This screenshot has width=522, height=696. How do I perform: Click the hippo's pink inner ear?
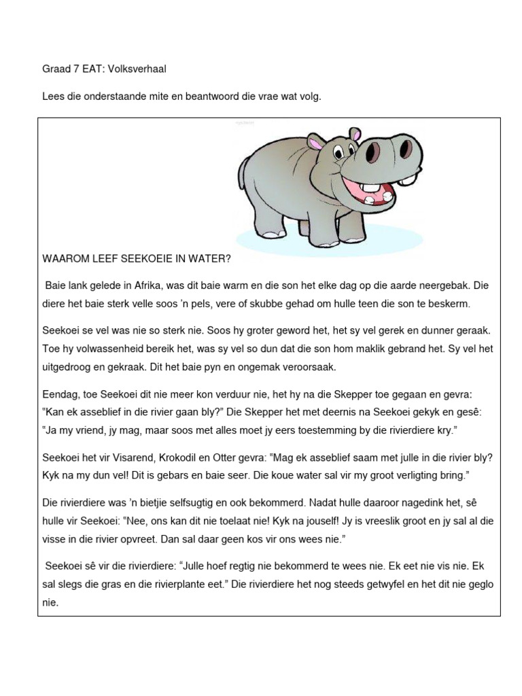point(315,143)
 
